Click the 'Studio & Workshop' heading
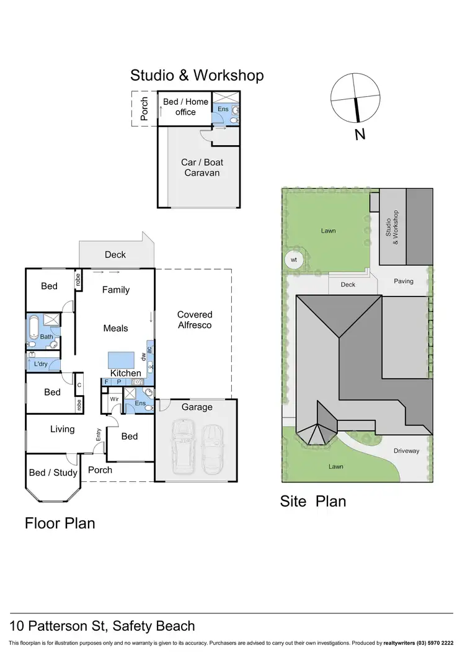(197, 76)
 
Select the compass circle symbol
(355, 99)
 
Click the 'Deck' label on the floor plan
(115, 254)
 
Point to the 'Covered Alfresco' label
(195, 319)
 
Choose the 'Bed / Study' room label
(53, 473)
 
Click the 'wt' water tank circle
(294, 260)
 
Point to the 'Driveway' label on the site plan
(407, 451)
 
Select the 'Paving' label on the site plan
(404, 281)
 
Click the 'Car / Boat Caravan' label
(202, 167)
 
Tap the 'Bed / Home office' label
(185, 107)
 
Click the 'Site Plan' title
(313, 501)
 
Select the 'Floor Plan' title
(60, 523)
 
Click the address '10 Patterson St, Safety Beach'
(102, 626)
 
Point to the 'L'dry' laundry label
(40, 363)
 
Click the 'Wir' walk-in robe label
(115, 399)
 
